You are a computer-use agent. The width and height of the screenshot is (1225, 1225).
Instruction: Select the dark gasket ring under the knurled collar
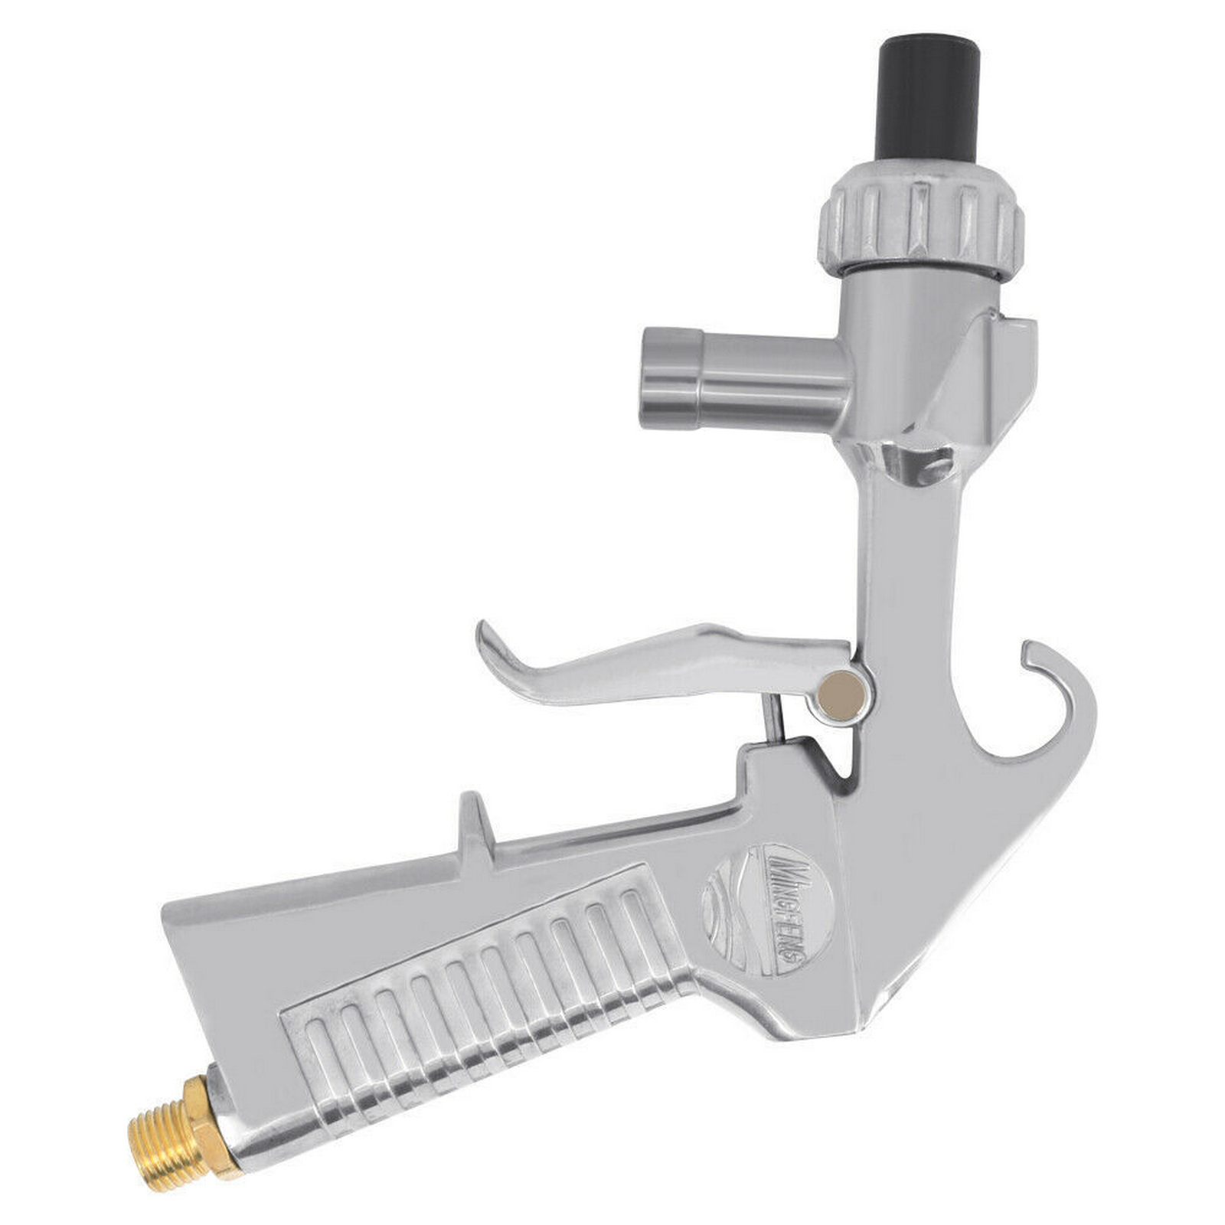pyautogui.click(x=919, y=269)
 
